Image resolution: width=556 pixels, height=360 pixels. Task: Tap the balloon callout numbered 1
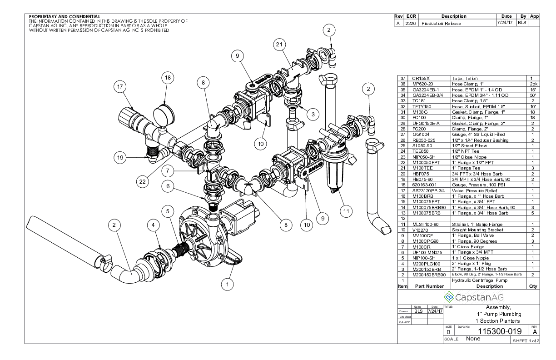pos(226,285)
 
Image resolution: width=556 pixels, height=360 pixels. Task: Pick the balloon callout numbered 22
pos(143,181)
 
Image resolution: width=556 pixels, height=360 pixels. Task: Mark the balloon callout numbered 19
pos(120,157)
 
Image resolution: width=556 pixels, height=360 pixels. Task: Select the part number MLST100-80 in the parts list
pos(423,224)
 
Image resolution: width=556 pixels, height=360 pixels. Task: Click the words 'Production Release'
pos(442,23)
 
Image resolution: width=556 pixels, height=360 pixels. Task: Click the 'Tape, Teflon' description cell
pos(465,79)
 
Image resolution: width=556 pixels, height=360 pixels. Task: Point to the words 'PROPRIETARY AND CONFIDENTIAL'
pos(65,17)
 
